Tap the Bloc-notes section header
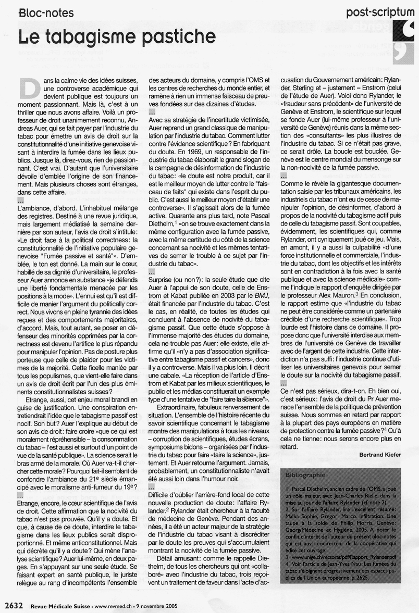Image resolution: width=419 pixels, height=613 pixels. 46,13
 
